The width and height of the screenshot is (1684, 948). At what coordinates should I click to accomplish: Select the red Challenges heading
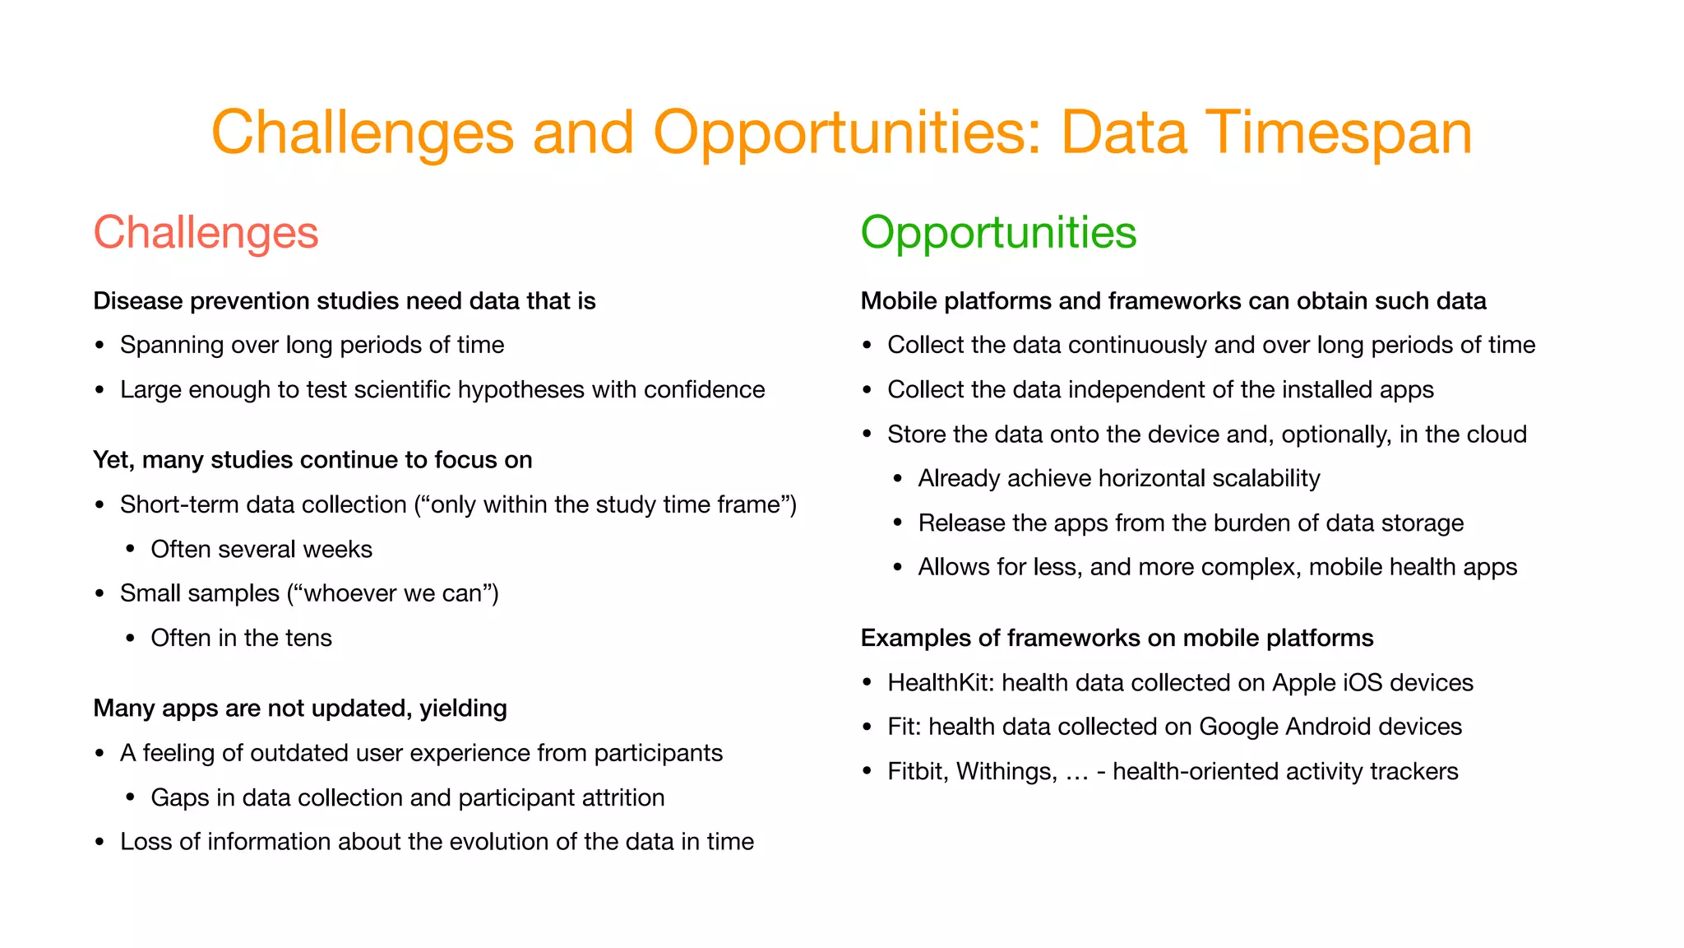pyautogui.click(x=206, y=233)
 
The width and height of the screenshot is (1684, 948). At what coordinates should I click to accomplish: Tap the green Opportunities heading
pyautogui.click(x=998, y=233)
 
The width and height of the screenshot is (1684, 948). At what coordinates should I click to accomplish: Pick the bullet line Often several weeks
pyautogui.click(x=261, y=550)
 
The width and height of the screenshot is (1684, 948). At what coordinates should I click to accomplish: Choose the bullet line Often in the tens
pyautogui.click(x=241, y=639)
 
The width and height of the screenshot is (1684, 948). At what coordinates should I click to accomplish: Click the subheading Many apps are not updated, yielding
pyautogui.click(x=300, y=709)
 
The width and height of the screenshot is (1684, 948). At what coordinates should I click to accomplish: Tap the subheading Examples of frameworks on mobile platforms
pyautogui.click(x=1117, y=639)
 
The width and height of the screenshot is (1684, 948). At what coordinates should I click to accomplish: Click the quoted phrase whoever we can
pyautogui.click(x=392, y=594)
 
